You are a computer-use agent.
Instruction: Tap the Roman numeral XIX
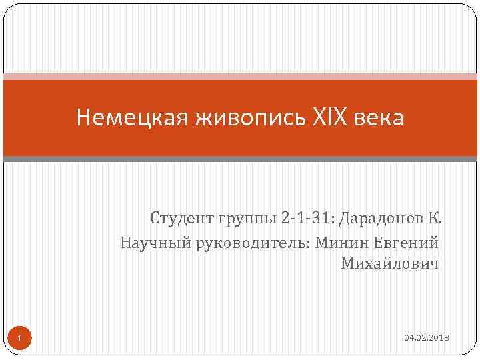pyautogui.click(x=329, y=118)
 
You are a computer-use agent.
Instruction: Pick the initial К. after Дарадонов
pyautogui.click(x=435, y=219)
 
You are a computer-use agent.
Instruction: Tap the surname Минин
pyautogui.click(x=340, y=241)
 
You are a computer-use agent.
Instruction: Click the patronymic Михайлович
pyautogui.click(x=391, y=264)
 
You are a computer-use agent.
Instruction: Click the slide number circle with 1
pyautogui.click(x=19, y=339)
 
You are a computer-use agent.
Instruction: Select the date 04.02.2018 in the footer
pyautogui.click(x=427, y=339)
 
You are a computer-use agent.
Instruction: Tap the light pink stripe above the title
pyautogui.click(x=240, y=77)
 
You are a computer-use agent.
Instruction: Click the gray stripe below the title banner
pyautogui.click(x=240, y=159)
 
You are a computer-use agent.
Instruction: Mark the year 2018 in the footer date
pyautogui.click(x=440, y=339)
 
